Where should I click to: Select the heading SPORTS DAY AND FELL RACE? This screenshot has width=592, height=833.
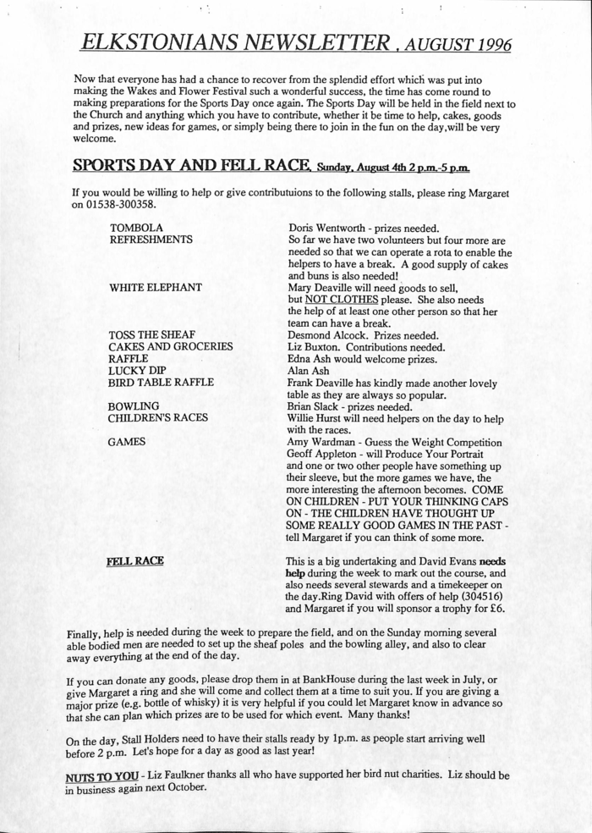194,164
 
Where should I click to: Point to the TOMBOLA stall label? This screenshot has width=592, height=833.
136,228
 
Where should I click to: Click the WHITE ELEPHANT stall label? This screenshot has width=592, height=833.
156,287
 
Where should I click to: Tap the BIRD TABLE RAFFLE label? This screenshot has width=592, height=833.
162,383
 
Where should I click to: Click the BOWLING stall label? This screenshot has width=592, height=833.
134,406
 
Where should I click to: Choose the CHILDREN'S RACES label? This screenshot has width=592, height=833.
158,418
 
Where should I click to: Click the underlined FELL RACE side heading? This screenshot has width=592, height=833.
135,560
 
